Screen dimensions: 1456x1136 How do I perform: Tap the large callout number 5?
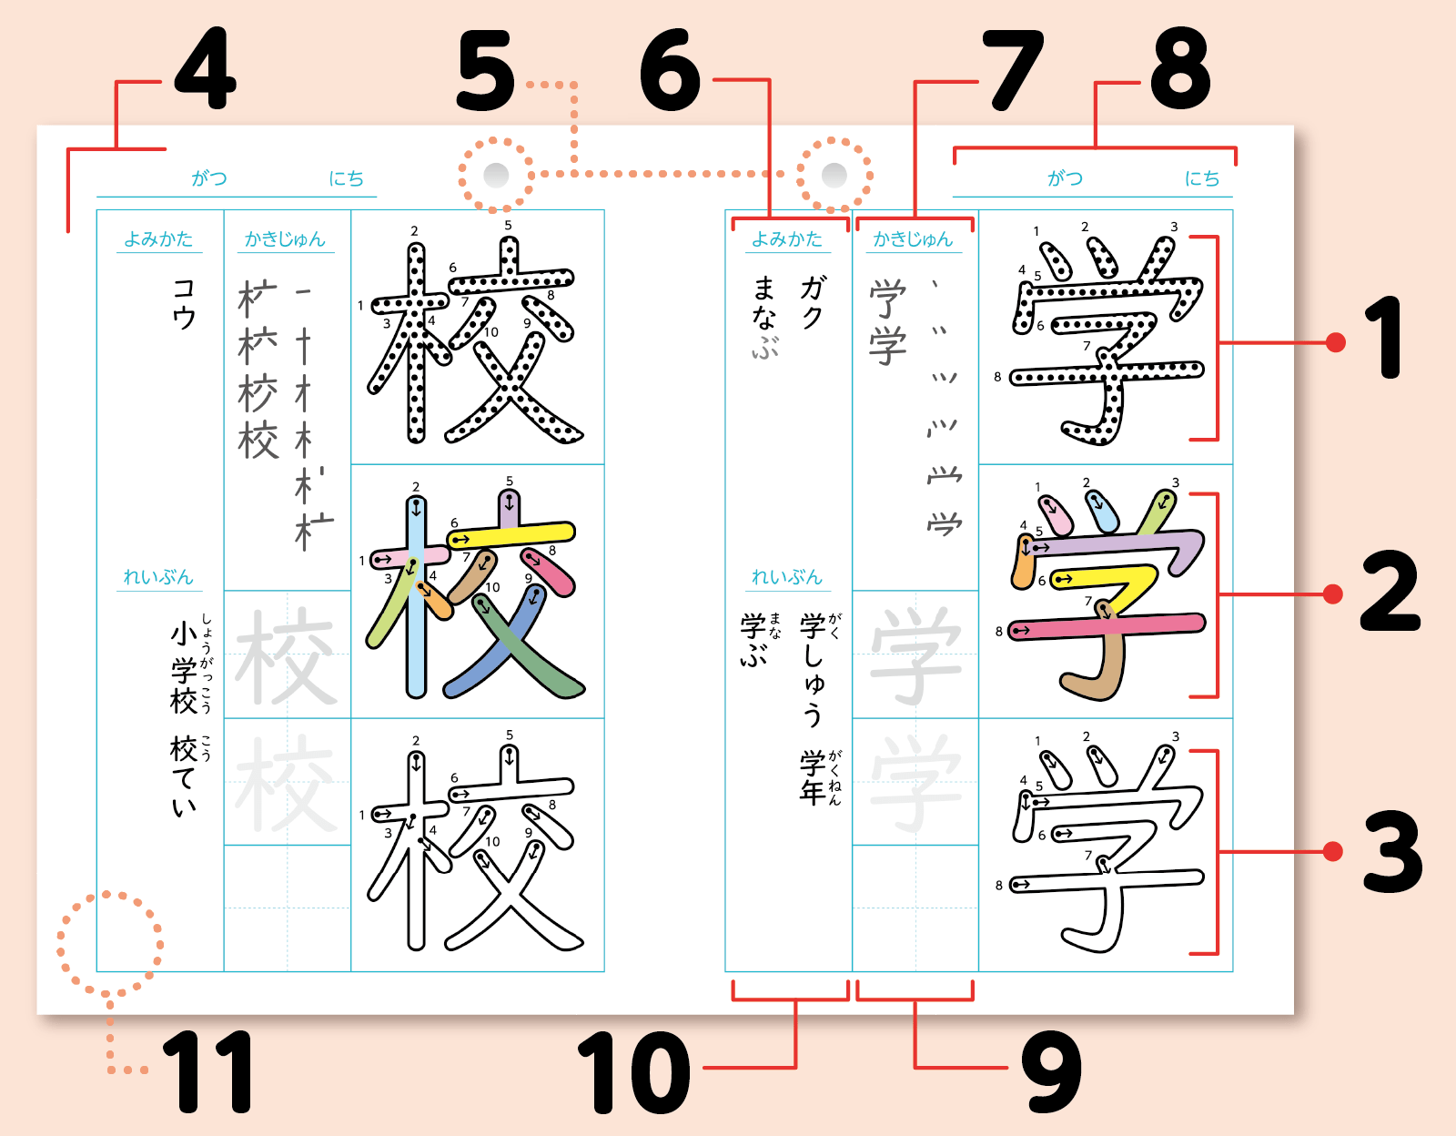coord(486,70)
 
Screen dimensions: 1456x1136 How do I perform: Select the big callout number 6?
coord(670,70)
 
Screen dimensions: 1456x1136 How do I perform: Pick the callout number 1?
coord(1384,338)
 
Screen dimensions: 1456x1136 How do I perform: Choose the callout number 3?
coord(1392,851)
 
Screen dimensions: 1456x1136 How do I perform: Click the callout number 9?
coord(1051,1071)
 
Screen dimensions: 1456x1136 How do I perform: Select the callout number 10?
coord(633,1072)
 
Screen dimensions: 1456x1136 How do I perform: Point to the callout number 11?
coord(207,1071)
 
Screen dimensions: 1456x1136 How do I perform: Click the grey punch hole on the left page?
coord(496,175)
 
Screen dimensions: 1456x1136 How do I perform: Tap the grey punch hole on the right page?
coord(834,175)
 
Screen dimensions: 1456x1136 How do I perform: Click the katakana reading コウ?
coord(184,304)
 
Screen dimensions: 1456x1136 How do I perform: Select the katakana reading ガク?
coord(812,301)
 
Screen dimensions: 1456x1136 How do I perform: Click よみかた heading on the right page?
coord(786,239)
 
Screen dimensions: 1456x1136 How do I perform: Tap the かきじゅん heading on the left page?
coord(285,239)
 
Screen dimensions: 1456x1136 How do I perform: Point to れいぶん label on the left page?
coord(158,577)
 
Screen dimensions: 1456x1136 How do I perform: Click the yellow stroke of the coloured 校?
coord(511,535)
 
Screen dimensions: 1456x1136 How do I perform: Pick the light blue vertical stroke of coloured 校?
coord(416,596)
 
